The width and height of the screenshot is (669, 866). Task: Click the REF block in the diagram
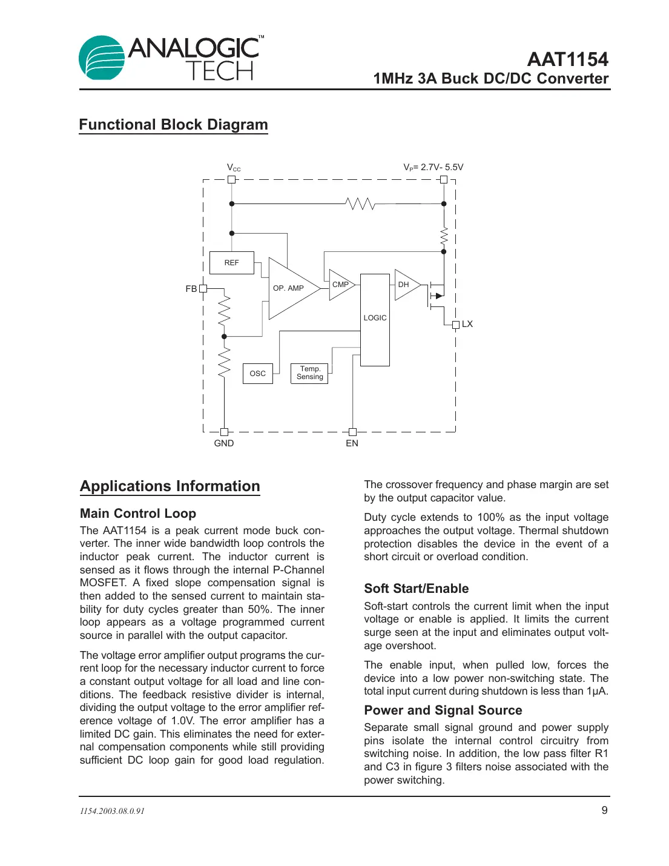coord(231,263)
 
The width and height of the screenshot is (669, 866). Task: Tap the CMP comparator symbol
coord(340,285)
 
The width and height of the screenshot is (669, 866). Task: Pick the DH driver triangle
coord(404,285)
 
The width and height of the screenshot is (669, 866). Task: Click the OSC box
coord(257,374)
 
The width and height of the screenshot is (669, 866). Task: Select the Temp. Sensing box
coord(309,373)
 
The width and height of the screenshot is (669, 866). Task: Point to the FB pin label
coord(191,289)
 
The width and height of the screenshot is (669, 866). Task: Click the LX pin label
coord(467,324)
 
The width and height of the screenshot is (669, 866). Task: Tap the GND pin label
coord(223,443)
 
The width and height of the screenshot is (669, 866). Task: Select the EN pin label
coord(352,443)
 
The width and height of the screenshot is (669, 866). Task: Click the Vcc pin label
coord(234,168)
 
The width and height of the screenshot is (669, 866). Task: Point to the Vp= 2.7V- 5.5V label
coord(433,167)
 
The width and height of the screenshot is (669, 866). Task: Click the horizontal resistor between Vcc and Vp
coord(361,204)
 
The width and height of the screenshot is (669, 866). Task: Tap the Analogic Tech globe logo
coord(102,58)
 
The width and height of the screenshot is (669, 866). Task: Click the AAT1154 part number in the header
coord(567,59)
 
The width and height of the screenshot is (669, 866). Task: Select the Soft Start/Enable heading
coord(416,589)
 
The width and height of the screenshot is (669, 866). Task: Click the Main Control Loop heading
coord(138,514)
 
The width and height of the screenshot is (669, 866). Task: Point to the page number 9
coord(604,810)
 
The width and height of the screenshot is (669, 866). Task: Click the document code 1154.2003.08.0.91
coord(112,811)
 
